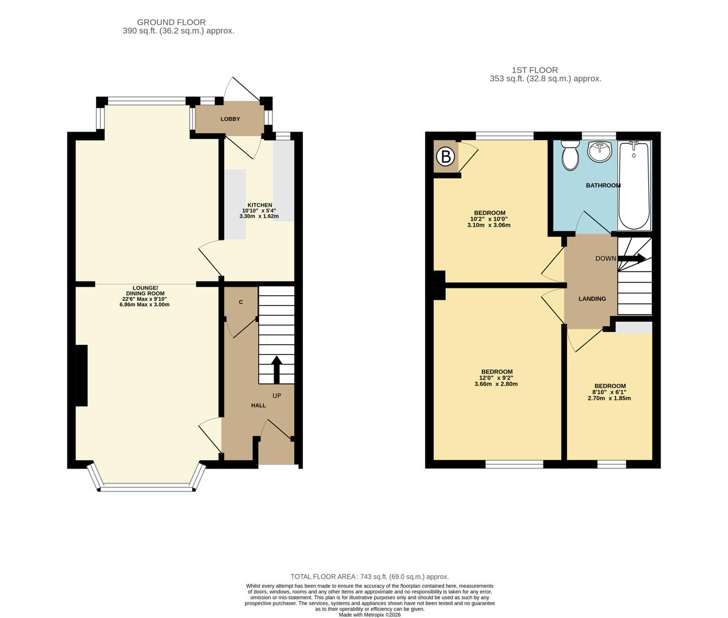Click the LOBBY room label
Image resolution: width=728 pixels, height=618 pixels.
point(230,119)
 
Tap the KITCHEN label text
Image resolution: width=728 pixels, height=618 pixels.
point(260,205)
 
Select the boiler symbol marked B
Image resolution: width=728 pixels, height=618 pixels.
point(445,157)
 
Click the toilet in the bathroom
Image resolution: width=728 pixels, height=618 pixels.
point(570,155)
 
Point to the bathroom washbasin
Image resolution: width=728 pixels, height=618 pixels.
point(600,152)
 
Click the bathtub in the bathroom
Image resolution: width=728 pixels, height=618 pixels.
point(634,185)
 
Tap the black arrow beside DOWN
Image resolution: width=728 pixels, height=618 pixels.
point(631,258)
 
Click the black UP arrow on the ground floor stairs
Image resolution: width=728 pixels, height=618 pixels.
point(276,370)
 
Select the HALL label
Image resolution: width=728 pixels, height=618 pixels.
point(259,405)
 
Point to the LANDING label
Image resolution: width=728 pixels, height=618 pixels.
point(592,299)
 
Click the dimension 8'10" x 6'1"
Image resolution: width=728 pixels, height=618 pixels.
point(609,392)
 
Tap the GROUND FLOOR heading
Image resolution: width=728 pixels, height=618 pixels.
point(171,22)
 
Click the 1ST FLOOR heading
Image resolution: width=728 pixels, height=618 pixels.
point(535,70)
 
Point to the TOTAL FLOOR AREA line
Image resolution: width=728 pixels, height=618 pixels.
point(370,577)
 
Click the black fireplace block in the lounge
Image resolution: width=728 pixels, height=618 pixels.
point(81,375)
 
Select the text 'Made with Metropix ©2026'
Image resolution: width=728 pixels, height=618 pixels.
point(370,615)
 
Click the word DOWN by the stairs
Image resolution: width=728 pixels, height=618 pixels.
point(606,259)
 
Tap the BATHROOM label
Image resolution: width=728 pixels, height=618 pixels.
point(603,185)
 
